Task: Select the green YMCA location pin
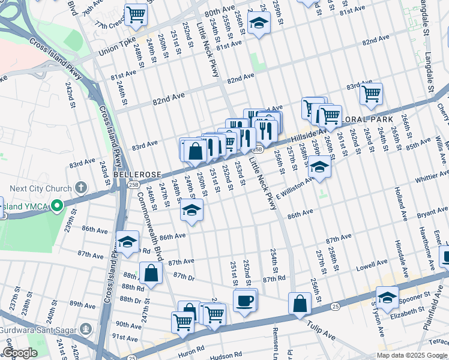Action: pos(58,206)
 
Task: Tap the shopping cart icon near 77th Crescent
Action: pos(136,14)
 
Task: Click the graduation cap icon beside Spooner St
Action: pos(387,297)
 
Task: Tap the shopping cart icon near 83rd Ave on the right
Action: pos(371,93)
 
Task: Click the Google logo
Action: pos(20,353)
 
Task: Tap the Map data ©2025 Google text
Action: pos(404,355)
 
